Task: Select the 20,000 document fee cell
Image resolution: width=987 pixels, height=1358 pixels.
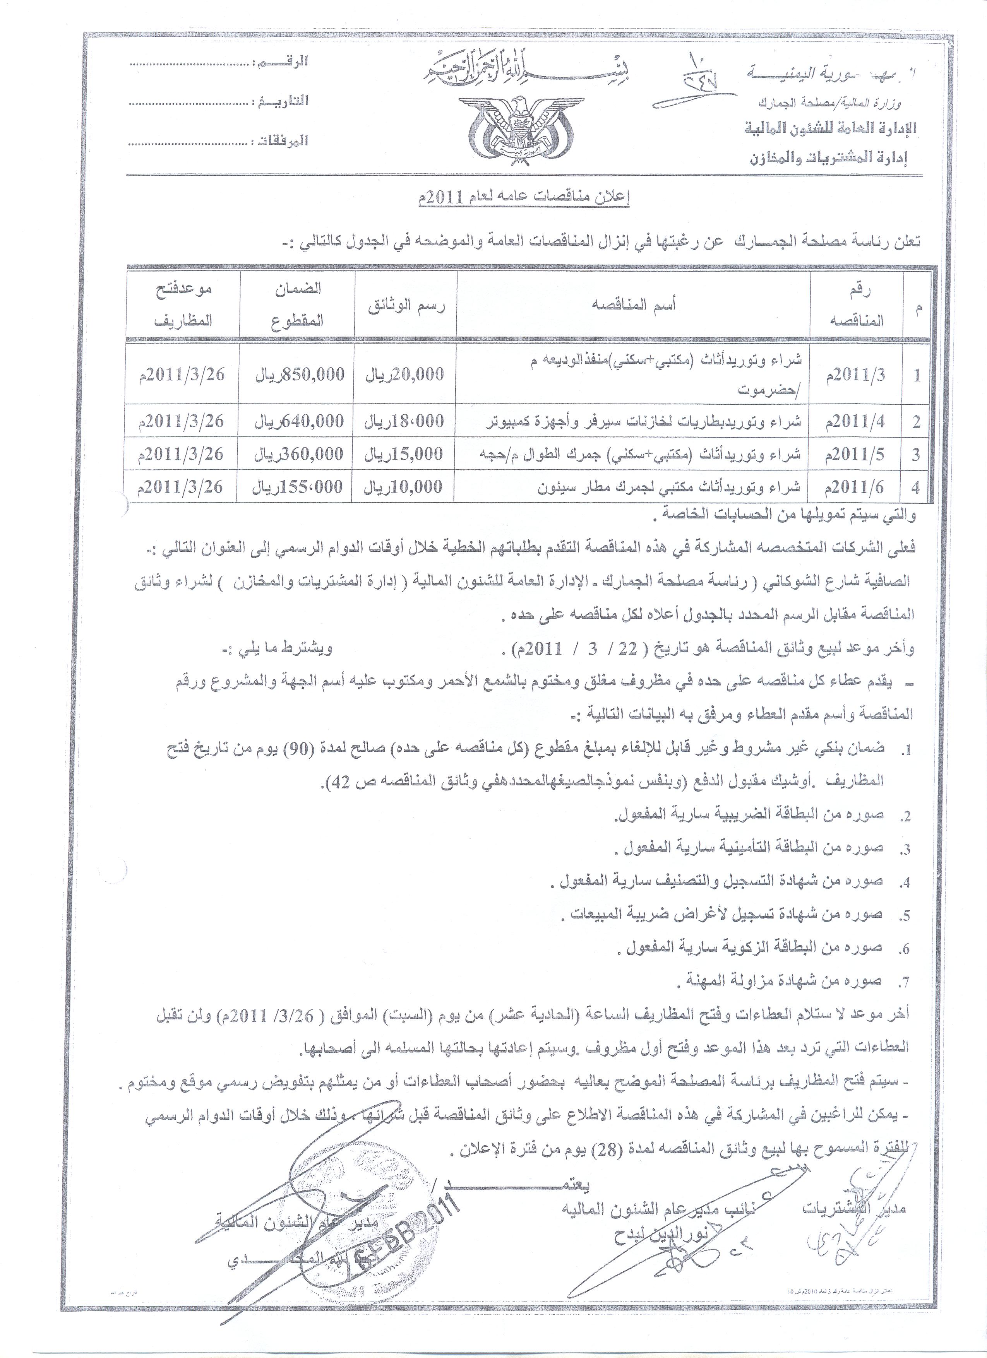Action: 406,375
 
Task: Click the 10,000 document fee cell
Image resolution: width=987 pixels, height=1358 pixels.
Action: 406,487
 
